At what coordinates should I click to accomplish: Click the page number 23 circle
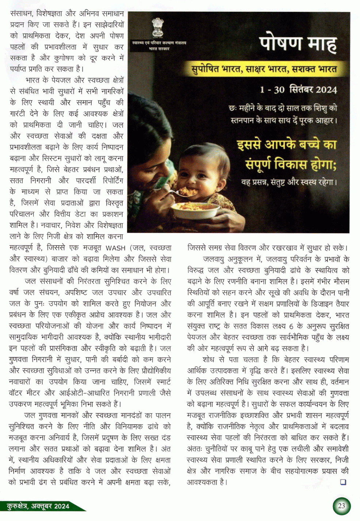(x=341, y=506)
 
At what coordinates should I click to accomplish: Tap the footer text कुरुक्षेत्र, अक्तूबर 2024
(x=38, y=506)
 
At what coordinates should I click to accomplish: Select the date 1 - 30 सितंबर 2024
(x=298, y=90)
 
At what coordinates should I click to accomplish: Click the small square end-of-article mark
(x=343, y=482)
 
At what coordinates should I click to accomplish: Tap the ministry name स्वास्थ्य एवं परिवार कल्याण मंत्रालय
(x=159, y=43)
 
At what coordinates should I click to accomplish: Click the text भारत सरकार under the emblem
(x=159, y=49)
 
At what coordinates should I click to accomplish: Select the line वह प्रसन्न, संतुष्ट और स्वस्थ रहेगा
(x=289, y=182)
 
